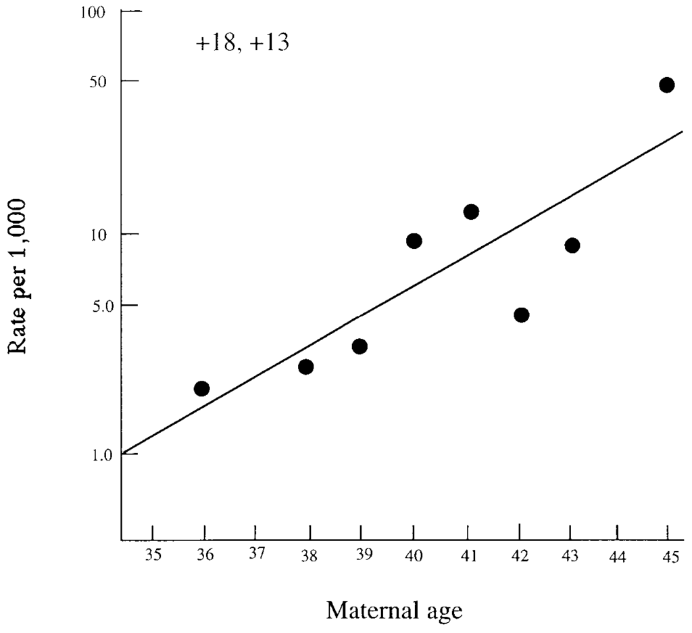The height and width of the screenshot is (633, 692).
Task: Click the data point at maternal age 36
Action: [x=201, y=388]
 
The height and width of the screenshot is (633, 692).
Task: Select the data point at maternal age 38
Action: [x=305, y=367]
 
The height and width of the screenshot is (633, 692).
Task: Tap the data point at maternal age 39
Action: [x=360, y=346]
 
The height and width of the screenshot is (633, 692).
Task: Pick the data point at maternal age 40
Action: [x=414, y=241]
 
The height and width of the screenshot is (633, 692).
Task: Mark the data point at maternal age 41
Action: [x=471, y=212]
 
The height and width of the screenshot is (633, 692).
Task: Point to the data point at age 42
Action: [x=521, y=315]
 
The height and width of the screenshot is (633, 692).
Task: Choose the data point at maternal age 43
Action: [x=572, y=245]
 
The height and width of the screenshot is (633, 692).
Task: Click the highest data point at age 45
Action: [x=666, y=85]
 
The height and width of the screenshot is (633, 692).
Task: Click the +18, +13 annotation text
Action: [x=242, y=44]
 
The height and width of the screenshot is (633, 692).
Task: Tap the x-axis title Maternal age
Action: [x=394, y=611]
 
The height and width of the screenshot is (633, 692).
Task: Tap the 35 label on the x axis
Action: [x=153, y=556]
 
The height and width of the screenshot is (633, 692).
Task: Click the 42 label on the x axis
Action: [x=520, y=556]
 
